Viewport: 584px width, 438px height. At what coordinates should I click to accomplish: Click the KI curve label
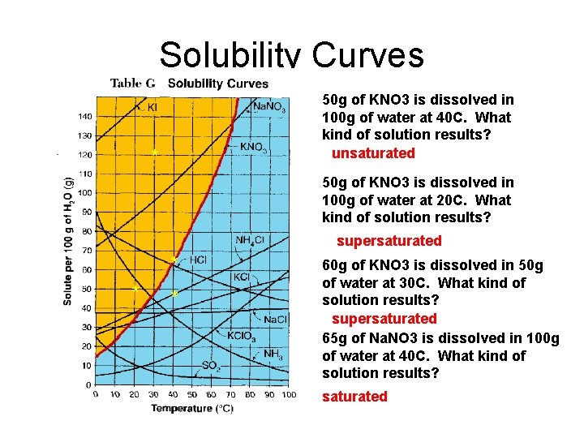click(x=152, y=106)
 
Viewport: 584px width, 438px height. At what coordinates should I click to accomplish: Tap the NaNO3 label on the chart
click(x=268, y=106)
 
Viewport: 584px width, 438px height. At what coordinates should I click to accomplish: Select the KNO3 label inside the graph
click(x=253, y=148)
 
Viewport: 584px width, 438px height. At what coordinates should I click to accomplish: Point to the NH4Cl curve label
click(x=250, y=239)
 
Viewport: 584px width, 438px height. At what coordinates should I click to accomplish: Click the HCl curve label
click(x=199, y=260)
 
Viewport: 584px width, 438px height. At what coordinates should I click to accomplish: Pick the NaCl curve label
click(x=276, y=319)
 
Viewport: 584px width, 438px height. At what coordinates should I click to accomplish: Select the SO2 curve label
click(x=210, y=366)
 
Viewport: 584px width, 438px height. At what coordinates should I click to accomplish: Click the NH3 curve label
click(x=273, y=354)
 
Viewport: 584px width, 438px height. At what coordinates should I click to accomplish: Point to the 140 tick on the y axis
click(x=84, y=117)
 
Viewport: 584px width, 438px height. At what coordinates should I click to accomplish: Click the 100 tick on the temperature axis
click(x=288, y=394)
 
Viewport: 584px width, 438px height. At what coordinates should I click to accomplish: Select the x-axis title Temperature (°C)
click(x=192, y=408)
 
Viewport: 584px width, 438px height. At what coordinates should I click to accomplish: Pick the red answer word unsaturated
click(x=373, y=153)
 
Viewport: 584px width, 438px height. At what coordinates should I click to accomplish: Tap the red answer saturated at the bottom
click(x=354, y=397)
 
